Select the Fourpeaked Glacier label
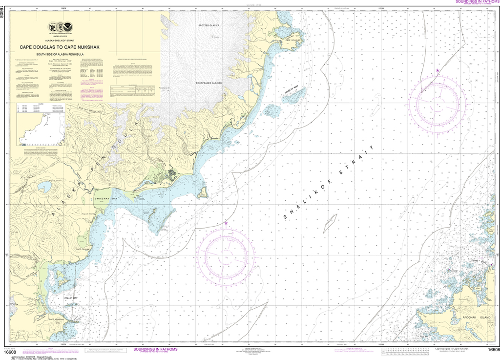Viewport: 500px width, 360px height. [x=209, y=83]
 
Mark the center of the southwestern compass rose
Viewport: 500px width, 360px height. [x=225, y=255]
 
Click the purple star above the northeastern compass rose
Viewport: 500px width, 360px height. [x=437, y=71]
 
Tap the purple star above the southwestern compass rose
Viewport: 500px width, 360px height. [x=226, y=223]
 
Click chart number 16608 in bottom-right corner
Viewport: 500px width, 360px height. [x=493, y=349]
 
